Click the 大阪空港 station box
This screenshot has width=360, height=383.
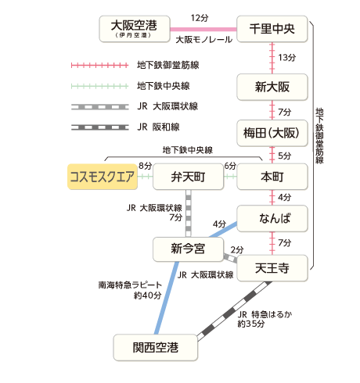[x=135, y=29]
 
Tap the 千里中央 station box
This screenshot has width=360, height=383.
[x=272, y=29]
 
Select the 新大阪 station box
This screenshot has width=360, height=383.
[x=272, y=87]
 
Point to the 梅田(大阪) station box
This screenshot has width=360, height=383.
[x=272, y=133]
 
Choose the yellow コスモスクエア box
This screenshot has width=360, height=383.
[x=103, y=177]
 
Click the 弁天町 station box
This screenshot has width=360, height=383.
[x=188, y=177]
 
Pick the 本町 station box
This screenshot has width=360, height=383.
[x=272, y=177]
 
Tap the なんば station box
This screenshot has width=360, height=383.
[x=272, y=218]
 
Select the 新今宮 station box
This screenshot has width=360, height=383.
[x=188, y=249]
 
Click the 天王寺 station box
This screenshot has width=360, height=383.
[x=272, y=268]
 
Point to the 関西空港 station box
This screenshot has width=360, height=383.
[x=156, y=348]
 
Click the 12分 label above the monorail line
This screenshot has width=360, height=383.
[x=200, y=18]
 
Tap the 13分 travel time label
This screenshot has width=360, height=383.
[x=286, y=58]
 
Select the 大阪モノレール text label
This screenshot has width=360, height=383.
[x=203, y=40]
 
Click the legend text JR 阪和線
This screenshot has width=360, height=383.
[x=158, y=127]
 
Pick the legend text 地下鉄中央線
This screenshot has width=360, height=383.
[x=164, y=86]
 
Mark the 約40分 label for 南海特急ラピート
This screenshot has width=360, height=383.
[x=148, y=295]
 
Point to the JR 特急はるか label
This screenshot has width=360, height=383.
[x=265, y=314]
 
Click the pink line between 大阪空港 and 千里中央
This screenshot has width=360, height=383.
[x=203, y=30]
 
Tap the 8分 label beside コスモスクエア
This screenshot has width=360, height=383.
[x=146, y=166]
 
